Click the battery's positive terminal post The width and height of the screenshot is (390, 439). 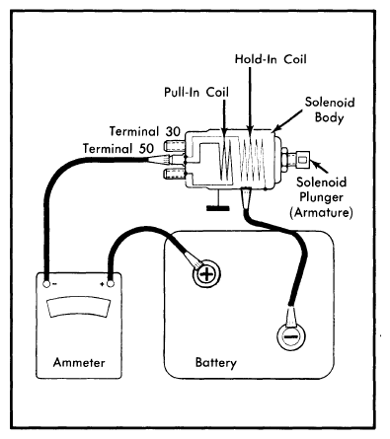click(x=206, y=274)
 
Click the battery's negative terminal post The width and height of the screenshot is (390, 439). click(x=291, y=336)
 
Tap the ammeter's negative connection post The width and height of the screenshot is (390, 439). click(x=46, y=284)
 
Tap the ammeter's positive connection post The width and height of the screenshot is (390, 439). click(x=111, y=283)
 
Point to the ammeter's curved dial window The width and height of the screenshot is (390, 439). click(x=78, y=307)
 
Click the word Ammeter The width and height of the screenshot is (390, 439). click(x=79, y=362)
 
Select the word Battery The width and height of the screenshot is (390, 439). click(x=215, y=362)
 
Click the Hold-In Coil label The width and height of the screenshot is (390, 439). click(x=271, y=59)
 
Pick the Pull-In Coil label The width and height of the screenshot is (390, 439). click(x=196, y=92)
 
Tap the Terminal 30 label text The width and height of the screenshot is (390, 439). click(x=145, y=131)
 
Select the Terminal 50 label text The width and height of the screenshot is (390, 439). click(x=118, y=149)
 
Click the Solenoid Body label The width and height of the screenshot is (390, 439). click(x=330, y=110)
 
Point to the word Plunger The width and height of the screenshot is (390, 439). click(x=321, y=197)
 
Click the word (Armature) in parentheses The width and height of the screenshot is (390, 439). click(x=321, y=212)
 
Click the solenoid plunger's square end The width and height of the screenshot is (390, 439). click(x=303, y=160)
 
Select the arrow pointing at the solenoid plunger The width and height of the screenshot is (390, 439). click(x=319, y=167)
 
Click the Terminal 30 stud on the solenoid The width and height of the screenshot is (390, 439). click(x=173, y=145)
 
